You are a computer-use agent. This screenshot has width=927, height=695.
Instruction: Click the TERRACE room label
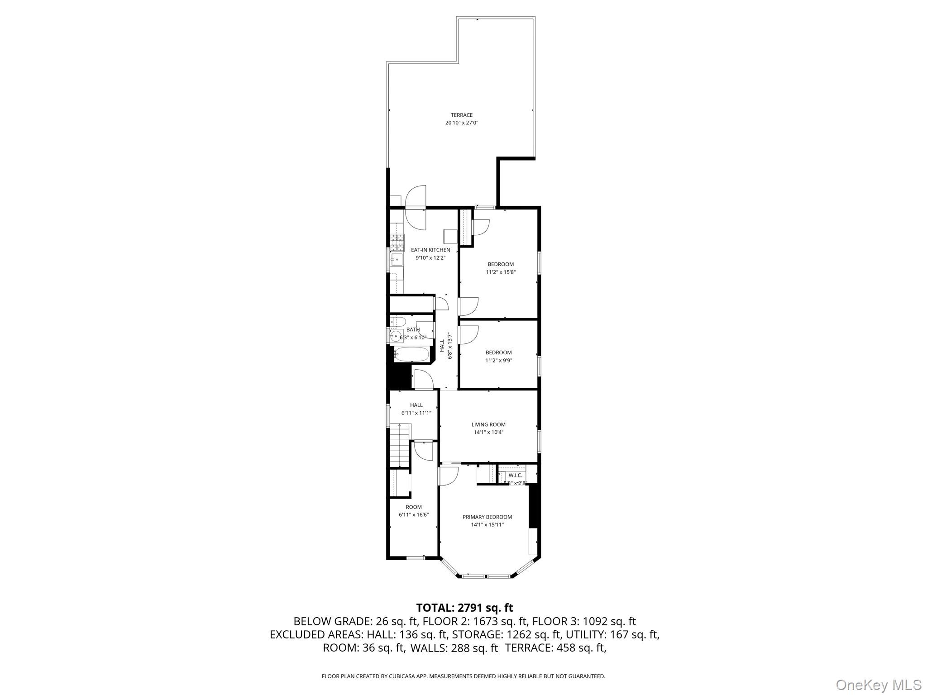(461, 115)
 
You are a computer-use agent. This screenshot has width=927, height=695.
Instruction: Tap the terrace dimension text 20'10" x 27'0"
(461, 123)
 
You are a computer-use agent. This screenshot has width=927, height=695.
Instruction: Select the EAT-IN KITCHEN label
(430, 250)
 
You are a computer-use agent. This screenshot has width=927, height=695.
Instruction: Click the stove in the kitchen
(397, 243)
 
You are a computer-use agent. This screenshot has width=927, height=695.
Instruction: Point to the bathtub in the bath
(411, 354)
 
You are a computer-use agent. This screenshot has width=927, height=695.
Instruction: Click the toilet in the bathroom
(398, 322)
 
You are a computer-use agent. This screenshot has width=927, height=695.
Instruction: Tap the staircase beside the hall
(401, 445)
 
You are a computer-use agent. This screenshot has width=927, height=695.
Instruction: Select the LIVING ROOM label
(488, 424)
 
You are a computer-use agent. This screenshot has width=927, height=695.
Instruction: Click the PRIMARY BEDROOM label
(487, 517)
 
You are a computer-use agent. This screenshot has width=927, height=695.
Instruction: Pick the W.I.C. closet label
(515, 475)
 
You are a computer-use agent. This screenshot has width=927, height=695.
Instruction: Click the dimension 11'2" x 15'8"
(501, 272)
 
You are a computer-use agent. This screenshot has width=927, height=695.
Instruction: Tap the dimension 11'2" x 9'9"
(498, 361)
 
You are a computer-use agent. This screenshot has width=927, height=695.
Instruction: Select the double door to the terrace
(416, 208)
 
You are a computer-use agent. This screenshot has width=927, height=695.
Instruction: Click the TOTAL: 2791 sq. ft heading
(464, 607)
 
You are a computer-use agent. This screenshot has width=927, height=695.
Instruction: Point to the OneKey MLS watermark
(878, 685)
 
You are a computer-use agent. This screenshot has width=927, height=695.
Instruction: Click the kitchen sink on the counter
(396, 259)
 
